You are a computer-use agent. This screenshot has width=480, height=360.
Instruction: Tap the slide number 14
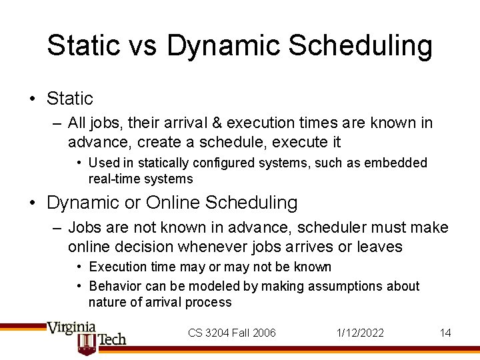pyautogui.click(x=445, y=333)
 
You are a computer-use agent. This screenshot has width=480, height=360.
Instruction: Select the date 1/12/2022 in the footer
pyautogui.click(x=360, y=333)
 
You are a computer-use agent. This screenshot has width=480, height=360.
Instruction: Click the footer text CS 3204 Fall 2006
pyautogui.click(x=231, y=333)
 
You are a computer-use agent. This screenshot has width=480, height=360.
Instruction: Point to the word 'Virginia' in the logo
pyautogui.click(x=71, y=329)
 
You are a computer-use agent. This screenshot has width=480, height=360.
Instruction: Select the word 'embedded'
pyautogui.click(x=401, y=163)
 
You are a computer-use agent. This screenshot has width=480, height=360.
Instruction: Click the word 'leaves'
pyautogui.click(x=379, y=247)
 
